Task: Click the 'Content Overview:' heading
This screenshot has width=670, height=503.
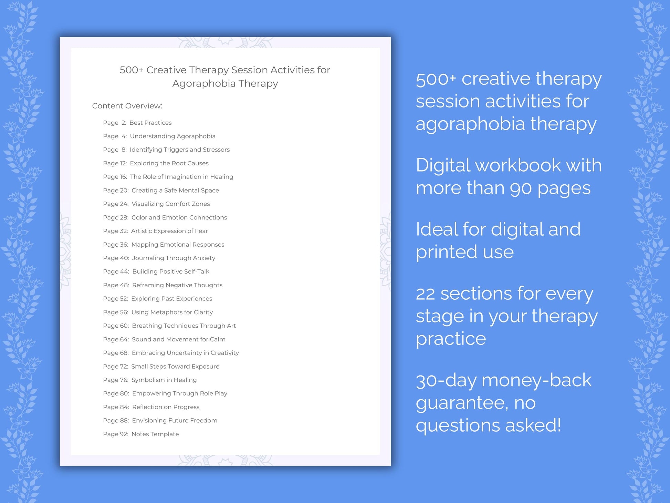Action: (127, 106)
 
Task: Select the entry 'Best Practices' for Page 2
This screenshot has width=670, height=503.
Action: (150, 123)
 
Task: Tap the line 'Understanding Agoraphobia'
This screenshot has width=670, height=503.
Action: (172, 136)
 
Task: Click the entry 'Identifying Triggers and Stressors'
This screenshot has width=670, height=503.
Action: (179, 150)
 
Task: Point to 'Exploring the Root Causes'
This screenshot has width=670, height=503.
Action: (169, 163)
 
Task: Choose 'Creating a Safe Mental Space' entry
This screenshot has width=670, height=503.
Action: (175, 190)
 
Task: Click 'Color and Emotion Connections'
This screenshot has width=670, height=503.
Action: (179, 217)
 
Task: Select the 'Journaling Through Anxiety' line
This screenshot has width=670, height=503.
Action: (174, 258)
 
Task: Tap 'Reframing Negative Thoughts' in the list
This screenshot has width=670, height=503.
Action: (177, 285)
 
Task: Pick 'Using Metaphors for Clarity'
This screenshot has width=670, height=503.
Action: (172, 312)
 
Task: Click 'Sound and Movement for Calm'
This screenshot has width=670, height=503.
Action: (178, 339)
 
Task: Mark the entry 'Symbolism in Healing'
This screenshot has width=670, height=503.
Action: (164, 380)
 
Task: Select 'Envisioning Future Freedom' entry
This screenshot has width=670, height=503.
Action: (175, 420)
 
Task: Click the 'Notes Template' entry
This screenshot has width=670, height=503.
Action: (155, 434)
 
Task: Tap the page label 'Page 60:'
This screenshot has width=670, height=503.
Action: (116, 326)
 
